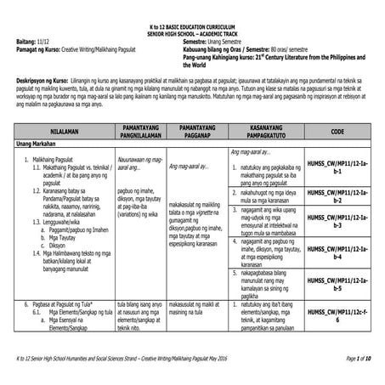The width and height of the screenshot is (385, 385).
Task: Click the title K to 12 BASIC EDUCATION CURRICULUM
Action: (x=193, y=7)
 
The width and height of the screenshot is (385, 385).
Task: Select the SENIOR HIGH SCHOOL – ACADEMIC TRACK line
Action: (x=193, y=14)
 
